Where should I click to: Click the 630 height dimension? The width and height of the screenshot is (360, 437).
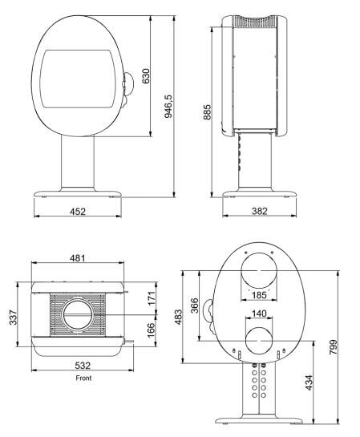146,75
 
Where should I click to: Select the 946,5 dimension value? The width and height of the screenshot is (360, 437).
168,104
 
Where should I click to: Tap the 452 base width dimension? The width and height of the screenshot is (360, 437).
79,212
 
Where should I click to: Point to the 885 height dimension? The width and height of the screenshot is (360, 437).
207,111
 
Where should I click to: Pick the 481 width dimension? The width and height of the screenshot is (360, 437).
78,258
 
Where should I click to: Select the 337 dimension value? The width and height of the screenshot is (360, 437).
12,318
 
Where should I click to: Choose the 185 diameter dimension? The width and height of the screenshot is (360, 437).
259,294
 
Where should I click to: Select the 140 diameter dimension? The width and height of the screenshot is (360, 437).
258,314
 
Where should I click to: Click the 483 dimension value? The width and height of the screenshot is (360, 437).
179,318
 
